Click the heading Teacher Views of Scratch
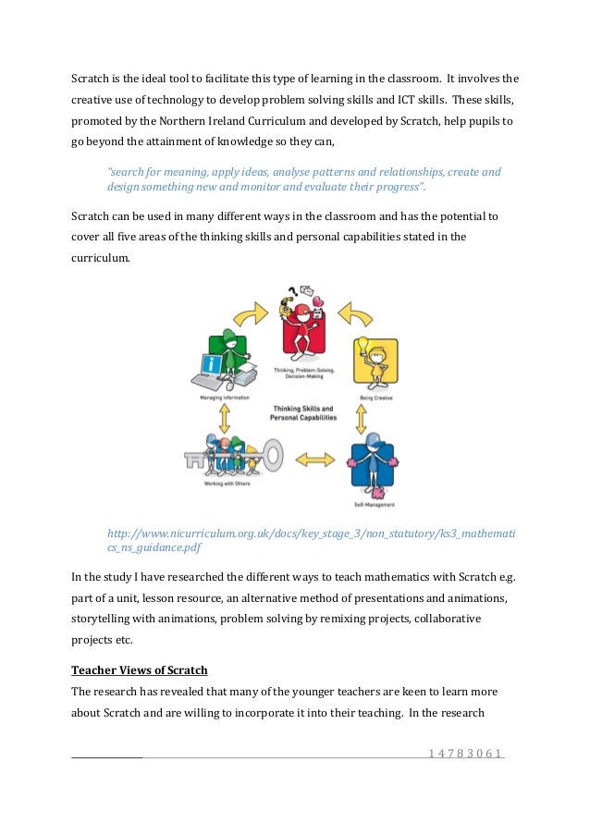[x=139, y=669]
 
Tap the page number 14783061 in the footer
[x=465, y=754]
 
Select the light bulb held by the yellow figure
[x=364, y=346]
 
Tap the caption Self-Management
[x=374, y=505]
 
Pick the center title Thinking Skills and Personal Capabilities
[x=302, y=413]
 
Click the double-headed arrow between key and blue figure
[x=315, y=458]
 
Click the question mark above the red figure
[x=288, y=289]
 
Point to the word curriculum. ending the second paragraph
[x=101, y=259]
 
